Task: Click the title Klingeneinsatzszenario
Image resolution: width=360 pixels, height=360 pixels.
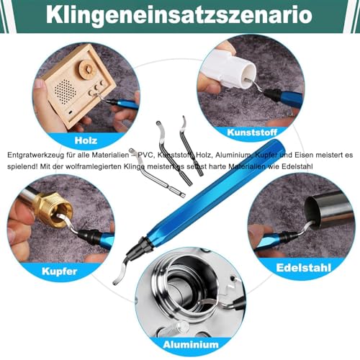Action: (x=180, y=14)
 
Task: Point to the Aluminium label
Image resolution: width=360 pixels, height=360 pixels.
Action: (x=181, y=344)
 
